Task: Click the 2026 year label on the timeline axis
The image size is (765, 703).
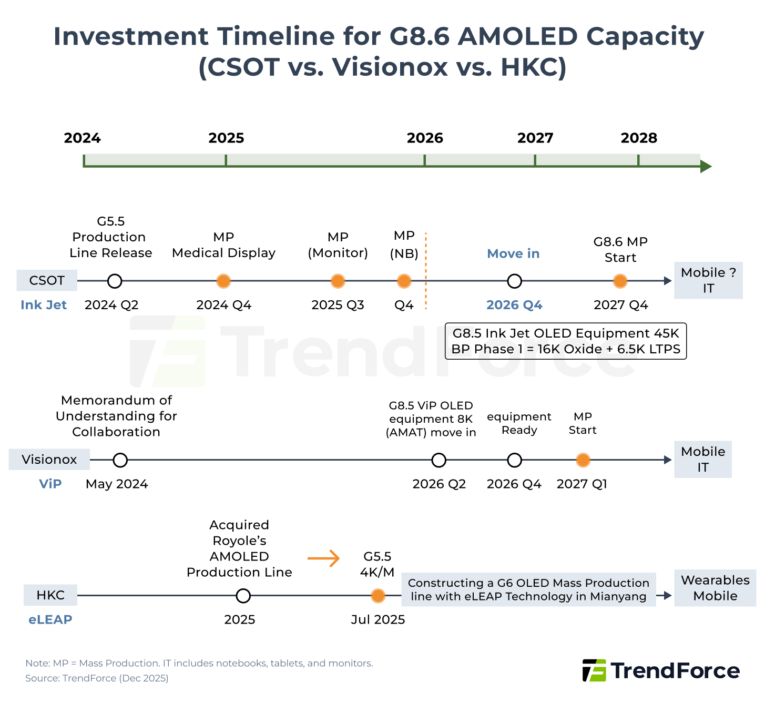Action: pos(425,138)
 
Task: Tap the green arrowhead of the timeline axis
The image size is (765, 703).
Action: pos(706,167)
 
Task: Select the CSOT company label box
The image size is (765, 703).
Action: pos(47,280)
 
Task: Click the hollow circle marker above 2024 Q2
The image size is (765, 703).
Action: pos(115,281)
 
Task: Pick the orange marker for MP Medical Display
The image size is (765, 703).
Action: pos(223,281)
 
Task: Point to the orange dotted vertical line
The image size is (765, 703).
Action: pos(426,271)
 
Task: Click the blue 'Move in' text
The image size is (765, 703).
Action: pos(513,253)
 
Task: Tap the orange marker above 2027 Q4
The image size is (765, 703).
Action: pos(620,281)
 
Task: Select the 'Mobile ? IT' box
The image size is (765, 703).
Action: pos(708,280)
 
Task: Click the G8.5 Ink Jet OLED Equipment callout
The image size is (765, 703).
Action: pos(566,341)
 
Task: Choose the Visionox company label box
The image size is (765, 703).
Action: pos(49,460)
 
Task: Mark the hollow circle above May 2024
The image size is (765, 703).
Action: pos(120,460)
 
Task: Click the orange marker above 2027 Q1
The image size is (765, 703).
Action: pos(583,460)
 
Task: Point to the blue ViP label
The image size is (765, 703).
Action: pos(50,484)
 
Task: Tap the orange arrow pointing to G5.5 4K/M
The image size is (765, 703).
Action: pos(323,558)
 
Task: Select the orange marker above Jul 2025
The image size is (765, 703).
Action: pos(378,596)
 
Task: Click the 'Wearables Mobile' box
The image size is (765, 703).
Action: pos(715,588)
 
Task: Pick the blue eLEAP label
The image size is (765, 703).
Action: pos(50,619)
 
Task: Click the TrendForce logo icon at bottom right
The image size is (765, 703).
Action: pos(594,670)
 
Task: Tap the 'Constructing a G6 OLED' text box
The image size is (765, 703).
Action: pos(528,589)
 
